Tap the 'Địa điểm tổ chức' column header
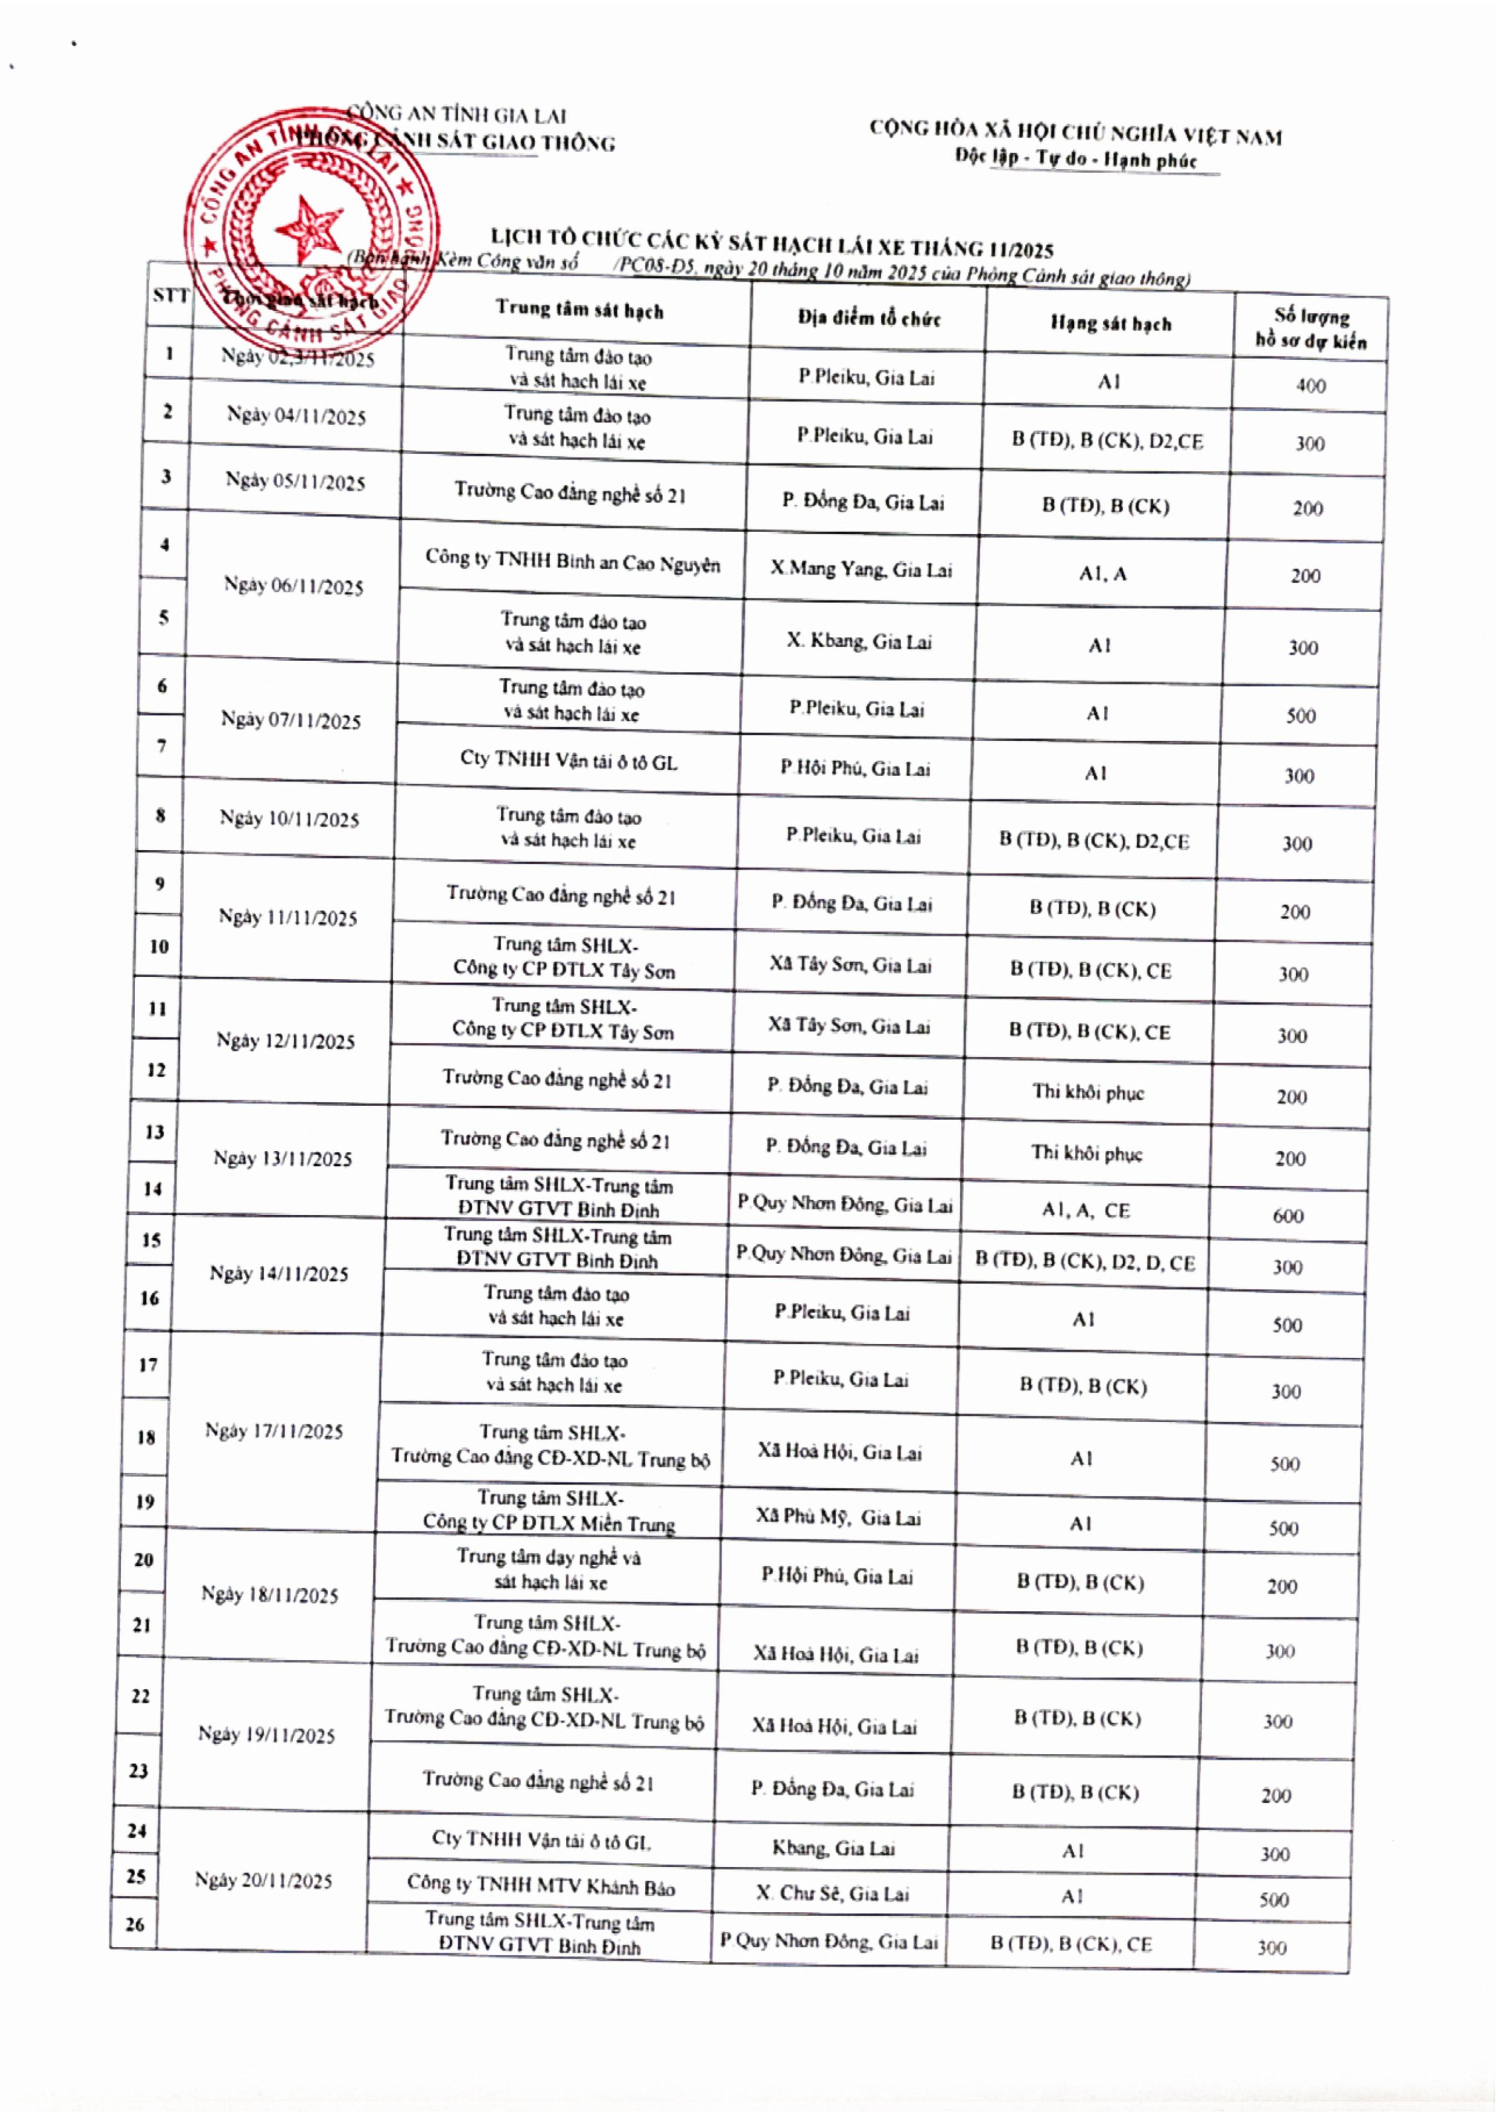point(869,318)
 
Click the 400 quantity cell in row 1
point(1310,385)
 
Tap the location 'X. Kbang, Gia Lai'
point(858,641)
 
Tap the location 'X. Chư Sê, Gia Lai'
point(832,1893)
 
